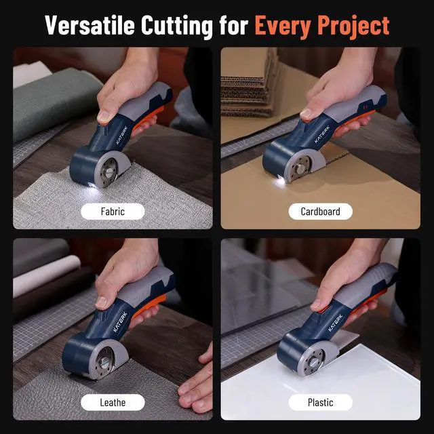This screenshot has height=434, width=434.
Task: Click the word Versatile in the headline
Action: click(x=90, y=25)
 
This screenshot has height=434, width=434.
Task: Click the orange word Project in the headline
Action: click(x=355, y=25)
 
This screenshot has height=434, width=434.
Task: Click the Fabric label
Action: click(x=113, y=211)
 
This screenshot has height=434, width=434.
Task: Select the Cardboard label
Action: click(x=320, y=211)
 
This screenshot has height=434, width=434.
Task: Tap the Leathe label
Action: click(x=113, y=402)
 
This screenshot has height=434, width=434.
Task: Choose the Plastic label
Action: click(x=320, y=402)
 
